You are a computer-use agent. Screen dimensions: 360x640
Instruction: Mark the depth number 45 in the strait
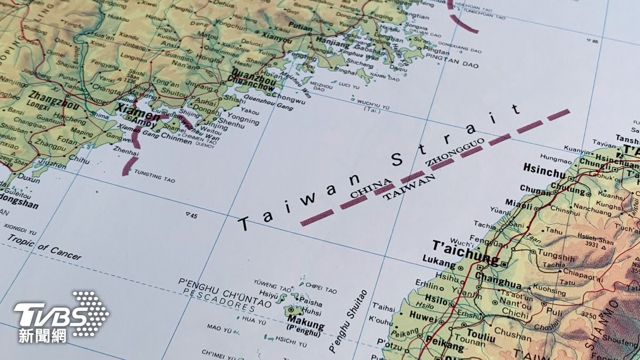tap(192, 215)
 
